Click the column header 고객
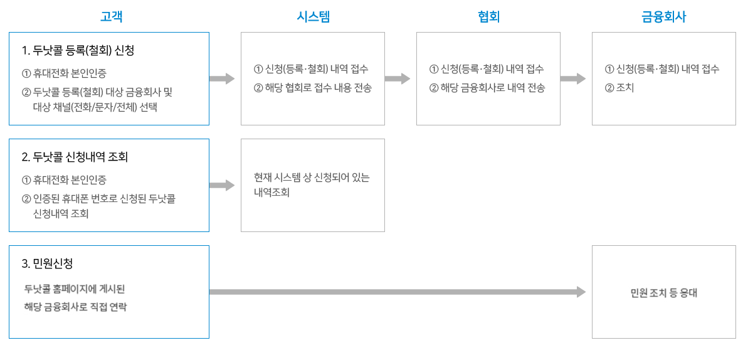tap(111, 17)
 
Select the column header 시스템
tap(313, 17)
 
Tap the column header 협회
tap(488, 17)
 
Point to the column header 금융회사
tap(663, 17)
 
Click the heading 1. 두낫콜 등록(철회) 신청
tap(78, 50)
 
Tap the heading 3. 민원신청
tap(51, 263)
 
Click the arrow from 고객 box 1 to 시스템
tap(221, 79)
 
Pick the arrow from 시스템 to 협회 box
tap(397, 79)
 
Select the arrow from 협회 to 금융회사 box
tap(572, 79)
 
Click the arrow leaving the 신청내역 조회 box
tap(221, 186)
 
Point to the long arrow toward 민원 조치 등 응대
tap(397, 292)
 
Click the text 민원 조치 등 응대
tap(664, 293)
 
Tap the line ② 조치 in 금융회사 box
tap(619, 88)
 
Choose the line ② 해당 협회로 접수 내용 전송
tap(313, 88)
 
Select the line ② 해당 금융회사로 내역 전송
tap(487, 88)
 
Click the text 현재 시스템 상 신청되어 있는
tap(312, 177)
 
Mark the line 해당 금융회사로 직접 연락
tap(75, 307)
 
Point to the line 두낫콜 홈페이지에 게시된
tap(75, 289)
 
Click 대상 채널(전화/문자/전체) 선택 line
tap(95, 107)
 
